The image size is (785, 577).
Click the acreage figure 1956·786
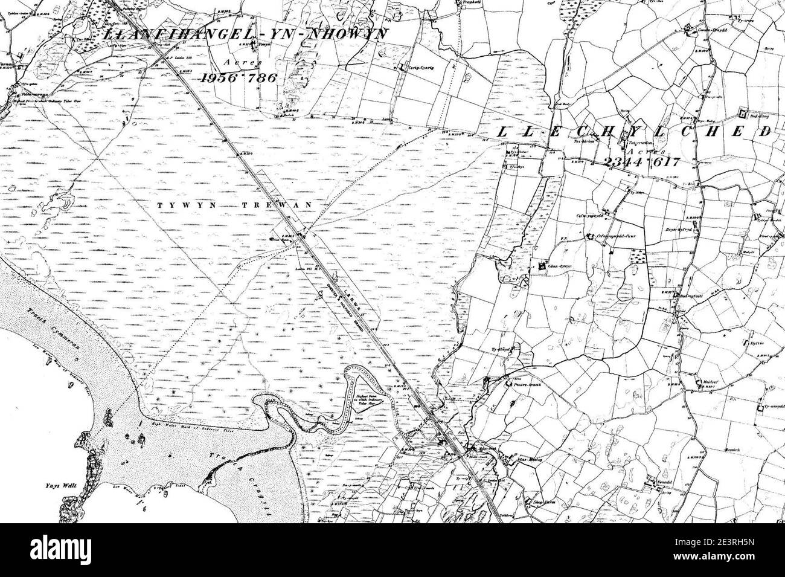point(238,77)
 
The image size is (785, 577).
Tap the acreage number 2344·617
point(642,161)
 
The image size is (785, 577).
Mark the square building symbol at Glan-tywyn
point(542,265)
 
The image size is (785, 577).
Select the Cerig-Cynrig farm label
point(421,68)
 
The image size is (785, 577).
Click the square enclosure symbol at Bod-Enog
point(745,113)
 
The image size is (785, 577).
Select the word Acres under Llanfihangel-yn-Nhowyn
point(235,62)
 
